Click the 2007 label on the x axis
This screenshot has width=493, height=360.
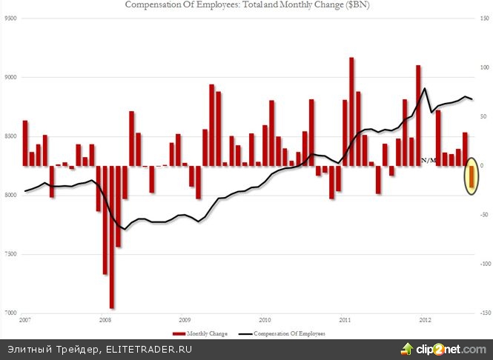click(25, 320)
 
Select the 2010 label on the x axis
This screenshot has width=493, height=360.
click(265, 320)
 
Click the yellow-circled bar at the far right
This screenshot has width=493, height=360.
click(473, 180)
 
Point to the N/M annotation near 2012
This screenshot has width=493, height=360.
click(429, 160)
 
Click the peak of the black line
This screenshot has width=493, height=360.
click(425, 88)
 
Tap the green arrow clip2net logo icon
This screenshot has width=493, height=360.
click(407, 347)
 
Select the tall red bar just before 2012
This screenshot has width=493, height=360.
click(418, 116)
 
